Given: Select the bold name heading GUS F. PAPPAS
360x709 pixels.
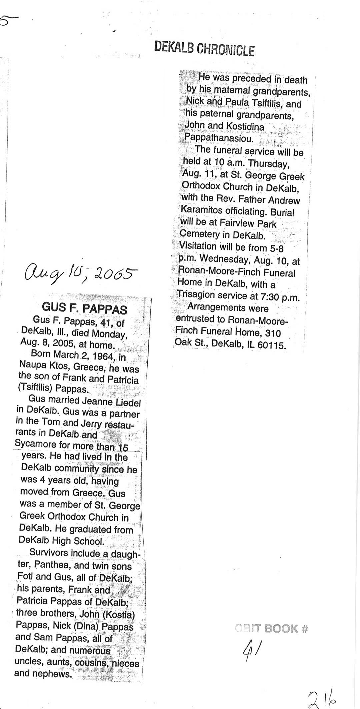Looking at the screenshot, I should [84, 308].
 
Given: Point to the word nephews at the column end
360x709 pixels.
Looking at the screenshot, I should [53, 673].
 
